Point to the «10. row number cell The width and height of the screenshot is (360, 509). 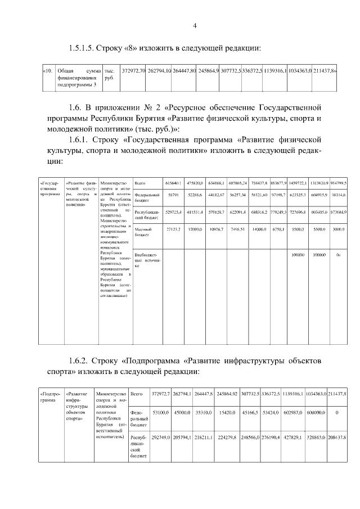click(48, 71)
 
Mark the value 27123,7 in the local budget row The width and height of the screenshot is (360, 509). click(173, 229)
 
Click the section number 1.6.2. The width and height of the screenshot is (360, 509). click(83, 360)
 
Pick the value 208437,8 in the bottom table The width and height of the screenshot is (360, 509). click(336, 437)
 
